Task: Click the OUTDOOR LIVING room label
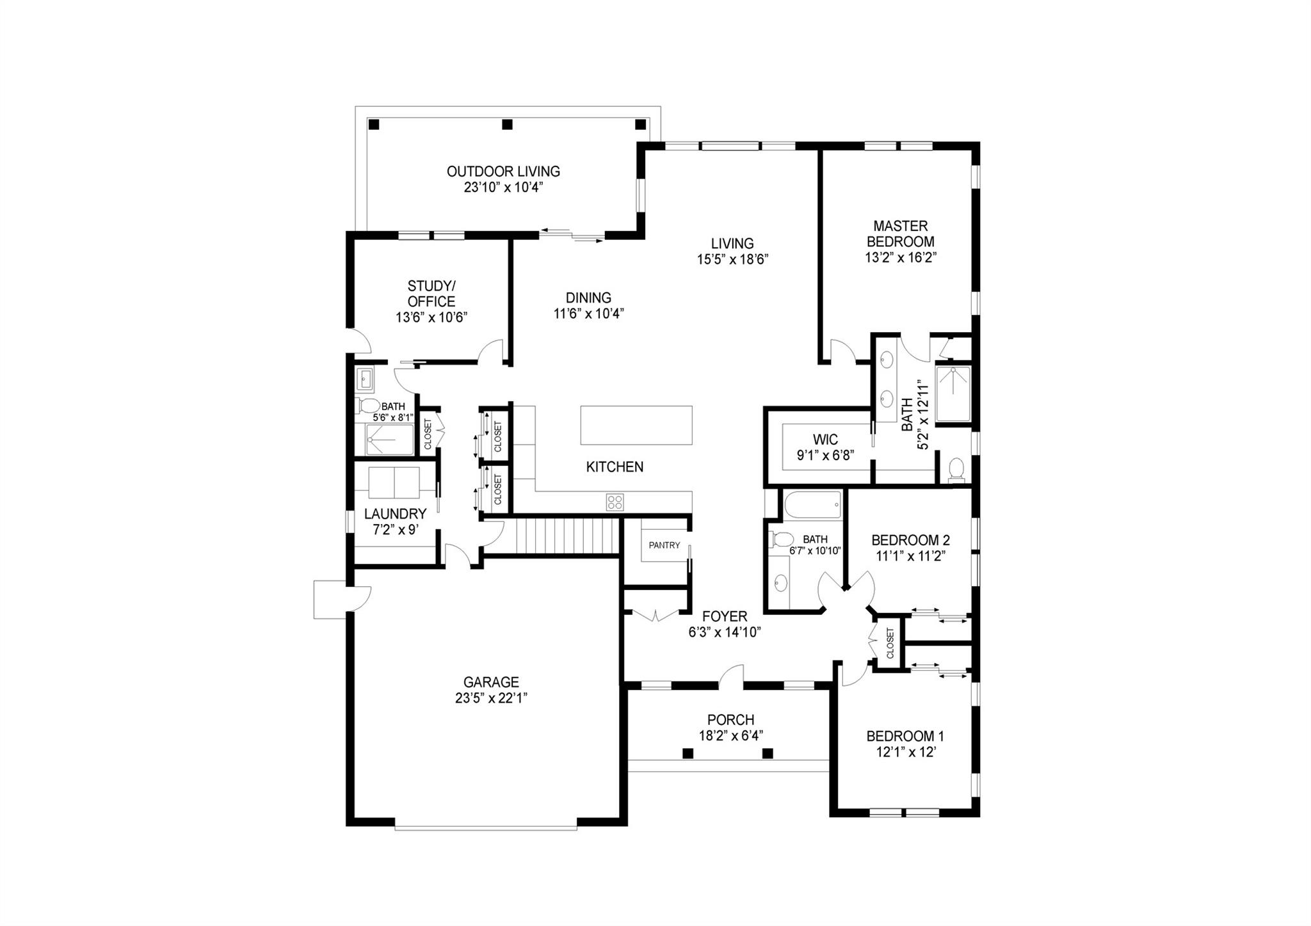coord(503,172)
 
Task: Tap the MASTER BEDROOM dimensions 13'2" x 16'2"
coord(900,258)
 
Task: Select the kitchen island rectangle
coord(636,425)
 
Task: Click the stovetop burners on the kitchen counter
coord(615,502)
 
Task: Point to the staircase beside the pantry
coord(567,536)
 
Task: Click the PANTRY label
coord(664,545)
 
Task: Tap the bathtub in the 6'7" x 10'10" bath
coord(813,505)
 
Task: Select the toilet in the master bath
coord(956,468)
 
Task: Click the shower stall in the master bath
coord(953,394)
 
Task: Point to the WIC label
coord(825,440)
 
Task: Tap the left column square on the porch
coord(688,753)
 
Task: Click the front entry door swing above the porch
coord(732,676)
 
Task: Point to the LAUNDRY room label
coord(395,514)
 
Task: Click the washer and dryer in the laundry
coord(394,483)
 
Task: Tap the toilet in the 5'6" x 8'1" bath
coord(367,405)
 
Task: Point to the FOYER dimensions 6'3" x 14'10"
coord(724,633)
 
